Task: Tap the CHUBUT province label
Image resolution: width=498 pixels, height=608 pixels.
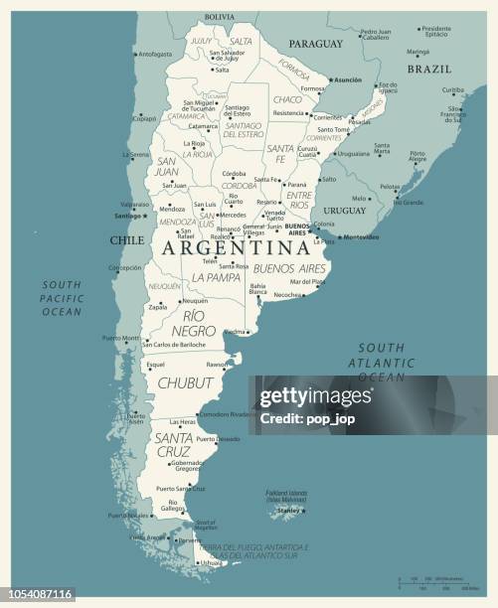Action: (x=185, y=381)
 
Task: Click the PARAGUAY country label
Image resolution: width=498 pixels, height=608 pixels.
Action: (x=315, y=45)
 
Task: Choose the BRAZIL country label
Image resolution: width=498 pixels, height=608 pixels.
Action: (x=430, y=70)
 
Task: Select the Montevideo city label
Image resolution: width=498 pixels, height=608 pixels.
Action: (x=361, y=236)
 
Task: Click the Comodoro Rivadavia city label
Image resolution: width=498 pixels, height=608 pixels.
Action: (x=229, y=413)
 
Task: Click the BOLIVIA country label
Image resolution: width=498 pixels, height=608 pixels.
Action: (x=220, y=17)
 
